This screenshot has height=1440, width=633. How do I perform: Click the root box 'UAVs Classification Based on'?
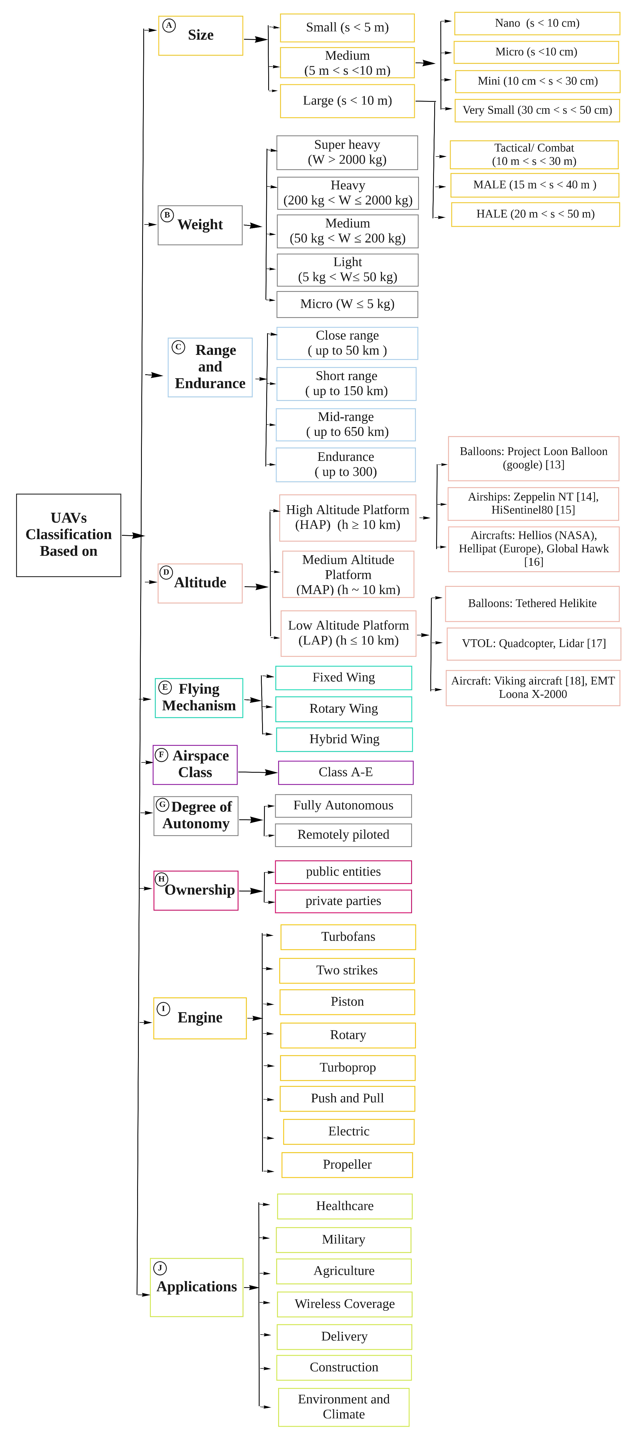[x=68, y=535]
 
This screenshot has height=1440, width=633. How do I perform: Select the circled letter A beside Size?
[x=168, y=25]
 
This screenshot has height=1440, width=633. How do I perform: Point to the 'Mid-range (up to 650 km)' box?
[x=346, y=424]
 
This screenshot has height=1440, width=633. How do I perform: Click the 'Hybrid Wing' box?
[x=344, y=739]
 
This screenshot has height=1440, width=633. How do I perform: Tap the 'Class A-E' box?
[x=345, y=772]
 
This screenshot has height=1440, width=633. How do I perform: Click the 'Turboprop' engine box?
[x=347, y=1067]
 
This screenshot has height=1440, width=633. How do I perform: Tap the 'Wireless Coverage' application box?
[x=345, y=1303]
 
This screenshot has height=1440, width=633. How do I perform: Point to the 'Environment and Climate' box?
[x=343, y=1406]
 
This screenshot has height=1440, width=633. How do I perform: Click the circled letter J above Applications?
[x=160, y=1268]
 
